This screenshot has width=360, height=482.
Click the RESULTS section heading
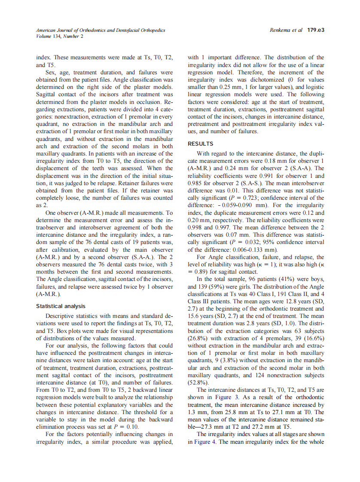(x=200, y=144)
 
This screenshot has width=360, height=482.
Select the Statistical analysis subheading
(x=61, y=306)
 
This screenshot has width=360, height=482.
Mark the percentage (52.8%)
(x=198, y=381)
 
